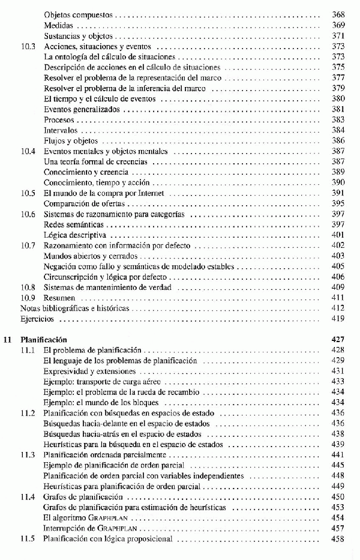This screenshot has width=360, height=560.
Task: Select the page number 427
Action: [x=337, y=340]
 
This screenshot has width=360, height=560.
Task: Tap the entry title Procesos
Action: [x=59, y=119]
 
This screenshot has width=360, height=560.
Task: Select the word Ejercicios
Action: [x=32, y=319]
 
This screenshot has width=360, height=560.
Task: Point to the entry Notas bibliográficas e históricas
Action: [x=74, y=309]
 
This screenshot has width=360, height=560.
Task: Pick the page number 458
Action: [x=337, y=539]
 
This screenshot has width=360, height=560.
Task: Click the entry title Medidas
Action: [x=59, y=26]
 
